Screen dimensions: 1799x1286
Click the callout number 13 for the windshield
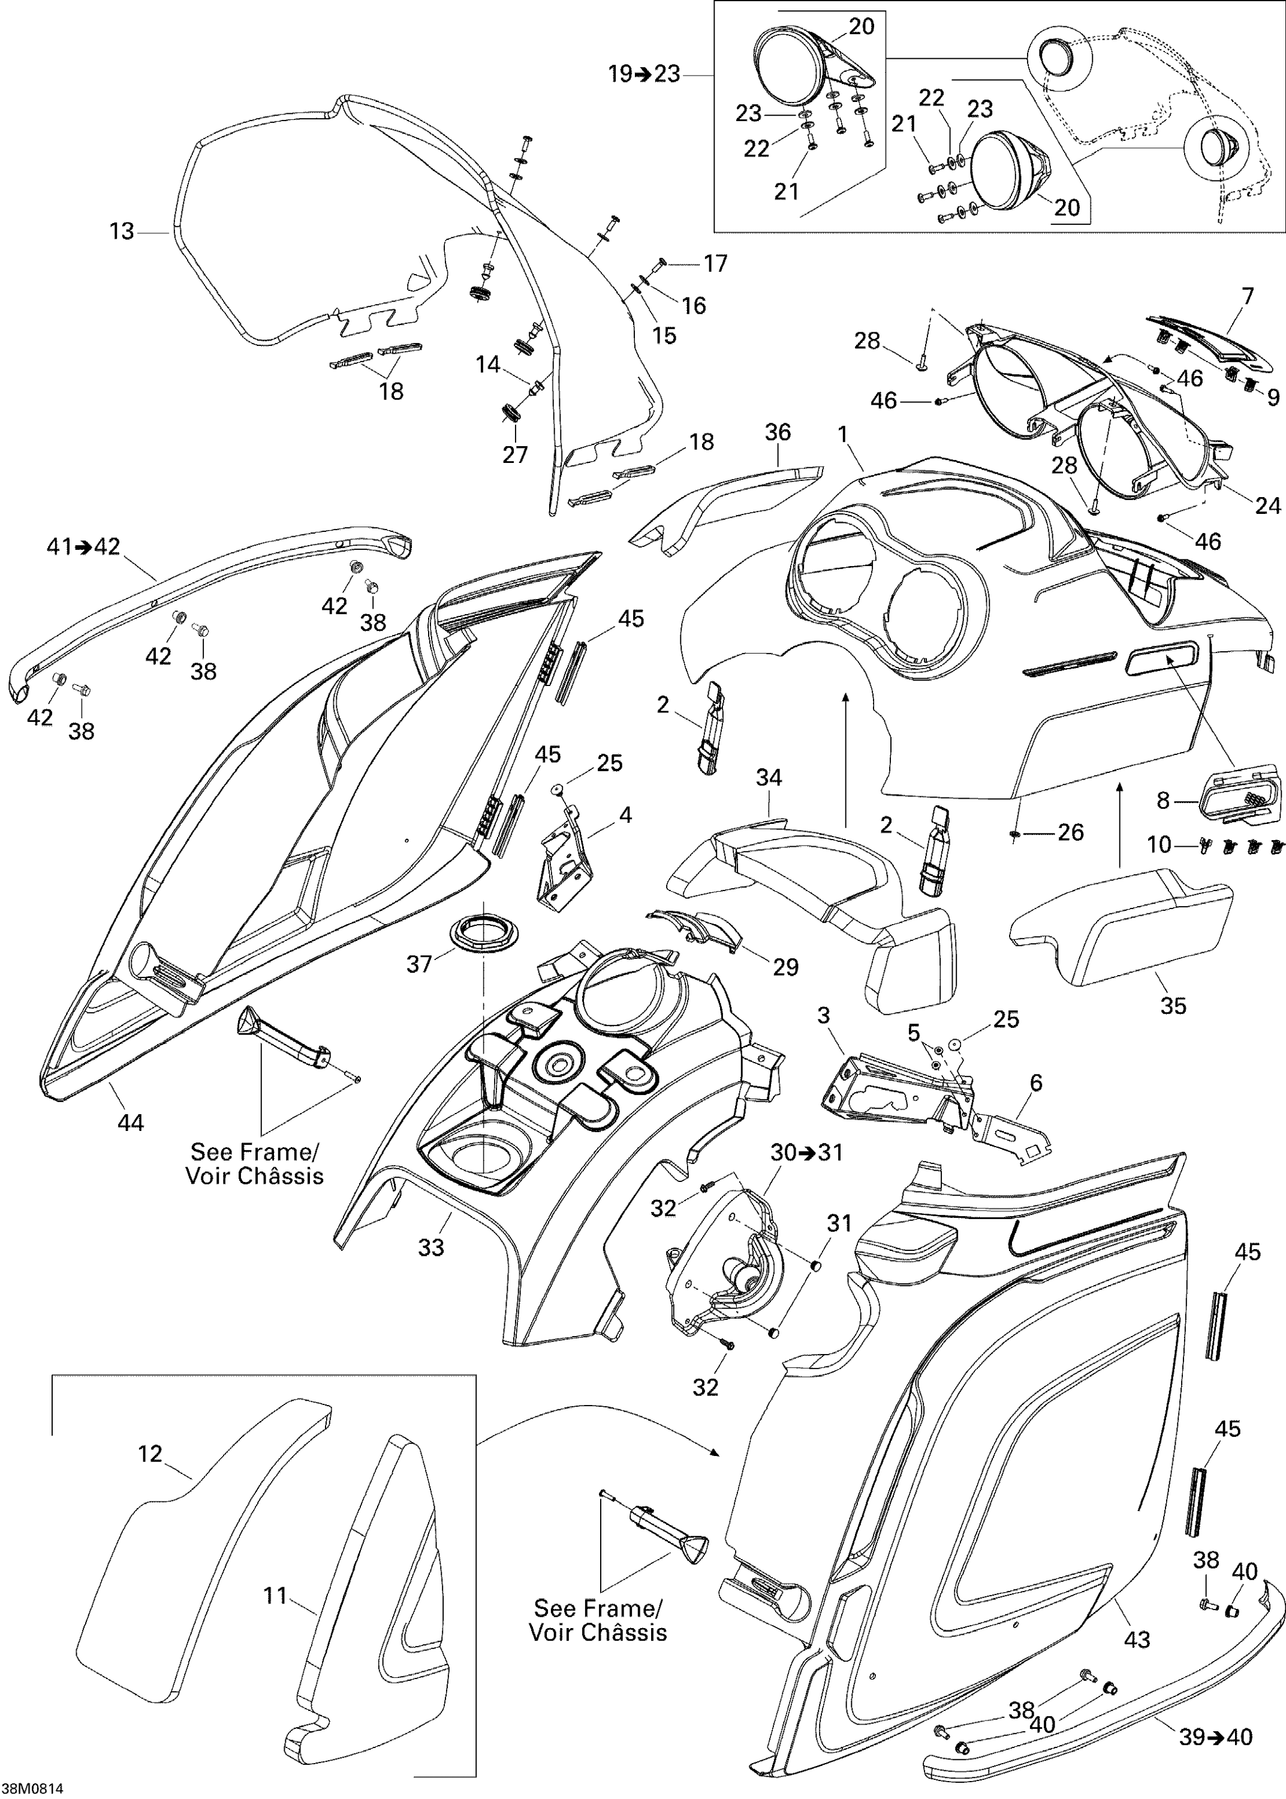[x=121, y=231]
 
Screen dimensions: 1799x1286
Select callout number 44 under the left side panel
[x=131, y=1122]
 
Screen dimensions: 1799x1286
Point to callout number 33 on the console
[x=432, y=1247]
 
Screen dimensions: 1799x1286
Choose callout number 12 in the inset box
[x=150, y=1454]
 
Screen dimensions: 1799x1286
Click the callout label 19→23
[x=644, y=74]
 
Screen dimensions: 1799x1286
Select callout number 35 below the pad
[x=1173, y=1006]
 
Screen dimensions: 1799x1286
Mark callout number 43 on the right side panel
[x=1137, y=1639]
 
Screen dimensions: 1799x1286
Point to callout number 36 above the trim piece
[x=778, y=432]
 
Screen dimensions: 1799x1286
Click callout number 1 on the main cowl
[x=844, y=434]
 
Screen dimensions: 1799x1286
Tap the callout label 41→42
[x=83, y=546]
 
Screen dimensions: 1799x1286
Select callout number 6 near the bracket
[x=1036, y=1082]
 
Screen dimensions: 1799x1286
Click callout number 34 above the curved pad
[x=769, y=778]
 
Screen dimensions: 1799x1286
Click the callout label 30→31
[x=807, y=1152]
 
